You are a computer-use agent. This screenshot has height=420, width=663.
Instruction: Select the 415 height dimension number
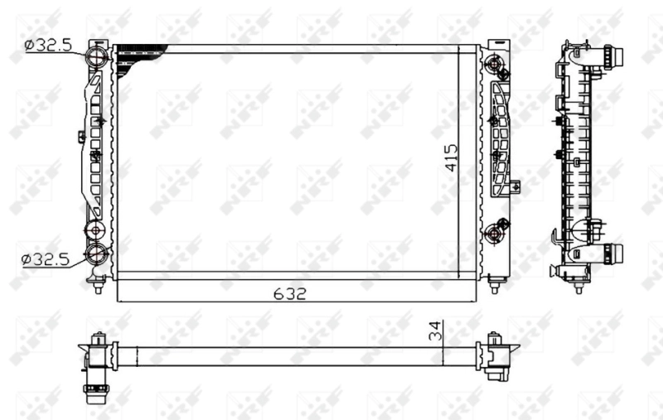coord(452,157)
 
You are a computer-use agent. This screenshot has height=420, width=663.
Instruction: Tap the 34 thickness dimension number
coord(433,332)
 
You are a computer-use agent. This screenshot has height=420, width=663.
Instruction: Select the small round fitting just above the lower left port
coord(96,229)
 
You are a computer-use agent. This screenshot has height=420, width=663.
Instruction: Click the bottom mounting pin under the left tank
coord(99,286)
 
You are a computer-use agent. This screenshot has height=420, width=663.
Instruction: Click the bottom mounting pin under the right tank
coord(495,286)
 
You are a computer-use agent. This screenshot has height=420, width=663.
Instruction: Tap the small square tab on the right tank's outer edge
coord(515,186)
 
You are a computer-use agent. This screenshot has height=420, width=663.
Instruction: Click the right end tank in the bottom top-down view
coord(496,355)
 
